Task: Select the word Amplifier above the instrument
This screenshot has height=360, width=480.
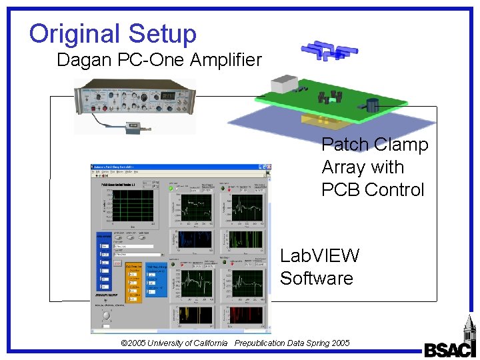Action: (x=225, y=60)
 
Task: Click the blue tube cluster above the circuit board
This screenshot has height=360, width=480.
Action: (x=328, y=51)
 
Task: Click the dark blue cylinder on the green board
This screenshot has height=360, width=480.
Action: (x=372, y=105)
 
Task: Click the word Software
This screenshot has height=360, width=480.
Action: (x=317, y=278)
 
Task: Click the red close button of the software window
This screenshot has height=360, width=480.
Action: (x=268, y=166)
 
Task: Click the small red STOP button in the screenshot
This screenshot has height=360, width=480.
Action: (x=117, y=263)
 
